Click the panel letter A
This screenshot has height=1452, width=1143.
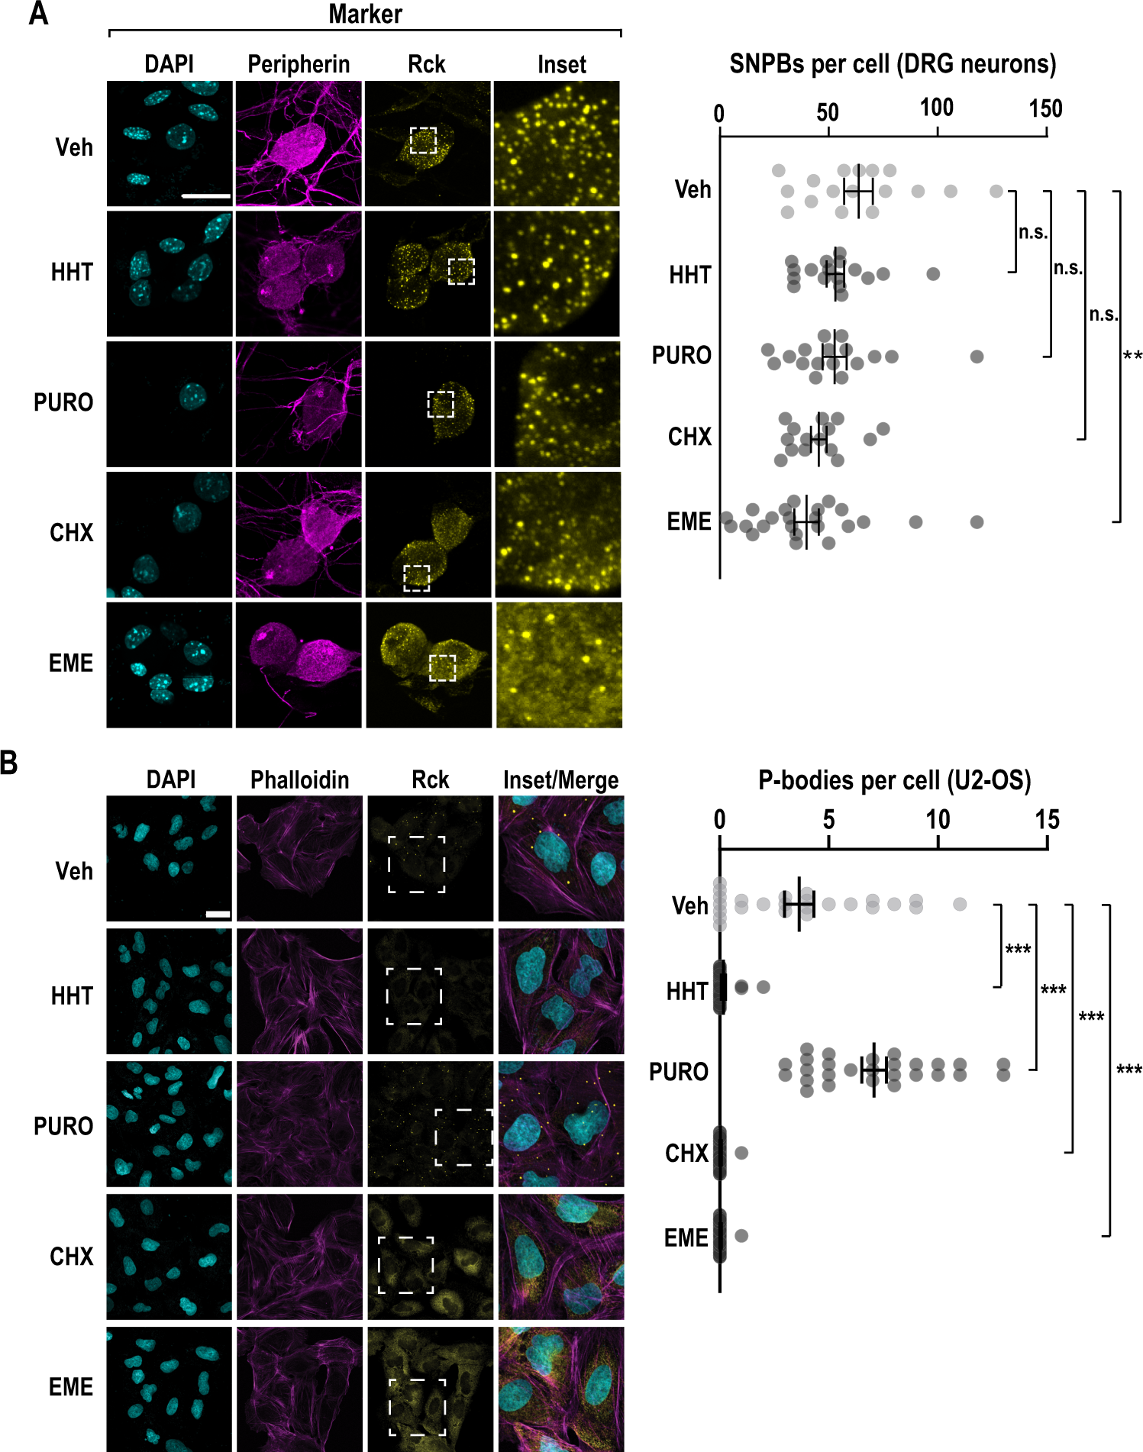click(38, 14)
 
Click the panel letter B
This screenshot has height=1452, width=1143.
click(8, 762)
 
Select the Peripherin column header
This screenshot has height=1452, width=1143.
click(299, 64)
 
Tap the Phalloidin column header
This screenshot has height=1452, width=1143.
click(299, 779)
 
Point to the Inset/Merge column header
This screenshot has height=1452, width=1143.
click(560, 779)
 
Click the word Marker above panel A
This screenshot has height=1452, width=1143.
click(365, 14)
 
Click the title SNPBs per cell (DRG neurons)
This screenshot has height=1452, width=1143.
click(893, 63)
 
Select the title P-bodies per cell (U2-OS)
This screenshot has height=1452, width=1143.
click(894, 779)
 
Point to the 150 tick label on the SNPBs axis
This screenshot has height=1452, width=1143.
click(1045, 108)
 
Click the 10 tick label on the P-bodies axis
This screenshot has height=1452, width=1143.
click(938, 820)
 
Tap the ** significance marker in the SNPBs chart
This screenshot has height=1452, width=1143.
click(1132, 357)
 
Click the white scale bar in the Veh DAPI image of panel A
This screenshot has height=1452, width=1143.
click(206, 196)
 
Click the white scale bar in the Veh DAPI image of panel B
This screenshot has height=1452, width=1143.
click(218, 914)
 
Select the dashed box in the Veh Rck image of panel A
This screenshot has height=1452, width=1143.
click(423, 140)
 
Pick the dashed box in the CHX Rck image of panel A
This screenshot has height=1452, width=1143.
click(416, 578)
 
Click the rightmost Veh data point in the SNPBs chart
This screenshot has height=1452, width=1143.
click(996, 191)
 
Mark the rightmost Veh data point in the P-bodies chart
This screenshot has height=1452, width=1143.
click(960, 904)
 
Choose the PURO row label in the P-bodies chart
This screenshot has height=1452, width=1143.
click(678, 1072)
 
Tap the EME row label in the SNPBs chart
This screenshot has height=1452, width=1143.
click(689, 521)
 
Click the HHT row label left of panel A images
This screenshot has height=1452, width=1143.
click(72, 272)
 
